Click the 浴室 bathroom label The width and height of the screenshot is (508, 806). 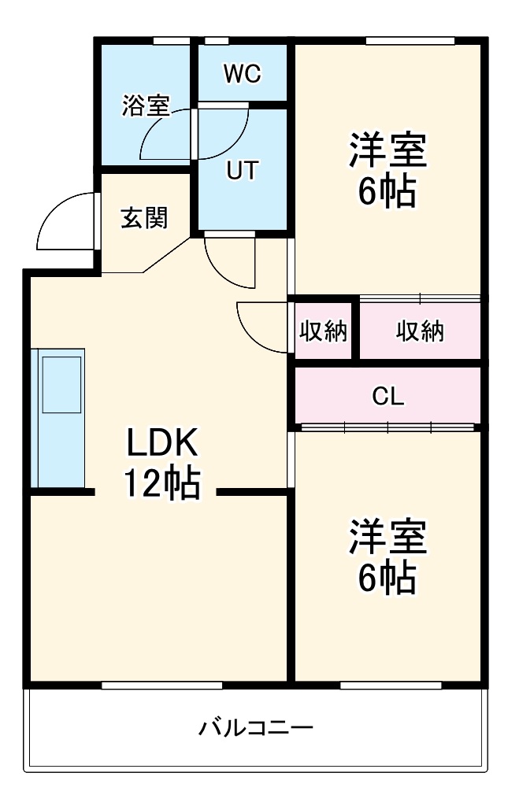pos(146,105)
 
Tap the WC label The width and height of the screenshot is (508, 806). pos(242,74)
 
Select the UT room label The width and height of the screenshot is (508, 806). pos(242,171)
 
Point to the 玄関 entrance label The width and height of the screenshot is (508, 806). pos(144,218)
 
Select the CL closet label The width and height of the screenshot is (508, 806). pos(387,397)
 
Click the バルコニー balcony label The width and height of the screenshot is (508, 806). pos(255,727)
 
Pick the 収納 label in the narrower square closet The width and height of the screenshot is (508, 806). pos(323,331)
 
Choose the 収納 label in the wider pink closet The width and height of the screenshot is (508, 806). pos(420,331)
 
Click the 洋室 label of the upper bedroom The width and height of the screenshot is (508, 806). pos(387,151)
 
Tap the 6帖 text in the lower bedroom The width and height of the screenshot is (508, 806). pos(387,579)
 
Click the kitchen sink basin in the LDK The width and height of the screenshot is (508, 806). pos(61,383)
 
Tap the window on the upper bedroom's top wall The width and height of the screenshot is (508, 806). pos(410,41)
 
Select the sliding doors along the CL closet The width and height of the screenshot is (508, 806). pos(387,427)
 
